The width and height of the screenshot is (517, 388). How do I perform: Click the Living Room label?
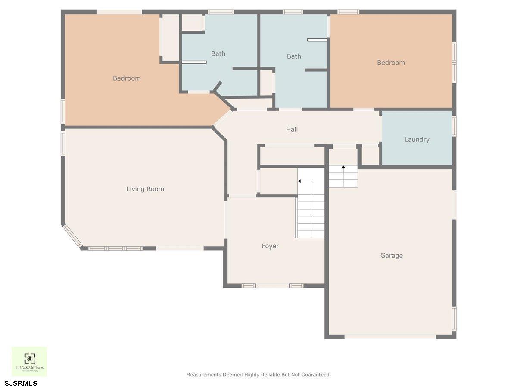coord(145,189)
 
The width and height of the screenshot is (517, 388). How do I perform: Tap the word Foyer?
coord(270,246)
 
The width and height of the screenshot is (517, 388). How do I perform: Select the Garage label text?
coord(391,256)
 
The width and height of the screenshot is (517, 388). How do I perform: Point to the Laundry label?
coord(417,140)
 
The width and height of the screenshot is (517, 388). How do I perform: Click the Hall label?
coord(292,129)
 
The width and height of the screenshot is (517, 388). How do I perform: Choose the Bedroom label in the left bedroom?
coord(127,78)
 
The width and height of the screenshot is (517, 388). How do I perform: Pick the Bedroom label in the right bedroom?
coord(391,63)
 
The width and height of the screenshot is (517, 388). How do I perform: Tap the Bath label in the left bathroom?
coord(218,54)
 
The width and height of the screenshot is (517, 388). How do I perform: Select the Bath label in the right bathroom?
coord(294,56)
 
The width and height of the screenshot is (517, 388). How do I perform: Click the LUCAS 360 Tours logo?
coord(29,361)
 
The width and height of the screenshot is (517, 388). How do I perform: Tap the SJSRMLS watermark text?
coord(21,383)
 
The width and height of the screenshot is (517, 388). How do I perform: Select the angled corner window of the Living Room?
coord(72,236)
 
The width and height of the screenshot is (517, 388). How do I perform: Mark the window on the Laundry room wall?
coord(454,126)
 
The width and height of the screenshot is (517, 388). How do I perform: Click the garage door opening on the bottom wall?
coord(390,336)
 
